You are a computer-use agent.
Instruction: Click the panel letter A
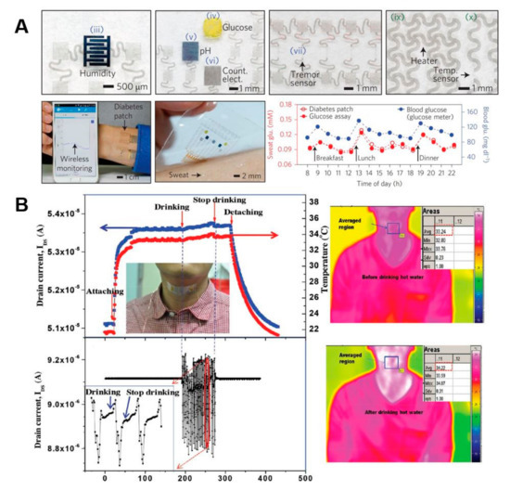(x=12, y=19)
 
